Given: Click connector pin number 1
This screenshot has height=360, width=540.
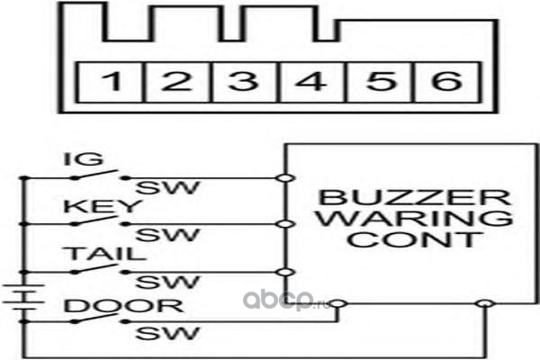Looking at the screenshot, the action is coord(112,81).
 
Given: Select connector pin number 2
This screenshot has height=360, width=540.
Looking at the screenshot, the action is coord(176,81).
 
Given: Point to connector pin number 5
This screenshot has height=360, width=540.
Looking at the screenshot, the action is coord(380,81).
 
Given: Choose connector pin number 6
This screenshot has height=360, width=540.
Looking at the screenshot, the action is coord(446,81).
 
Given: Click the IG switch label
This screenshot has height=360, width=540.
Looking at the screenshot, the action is coord(84,159).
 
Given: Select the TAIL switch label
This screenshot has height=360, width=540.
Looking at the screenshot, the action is coord(106,254).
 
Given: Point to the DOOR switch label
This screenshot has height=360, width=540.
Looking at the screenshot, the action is coord(124,306).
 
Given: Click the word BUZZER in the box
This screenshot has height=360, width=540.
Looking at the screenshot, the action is coord(415,197).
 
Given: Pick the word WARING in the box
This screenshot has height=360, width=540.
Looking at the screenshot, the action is coord(414,218).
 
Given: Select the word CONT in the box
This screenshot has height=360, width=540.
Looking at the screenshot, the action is coord(414,239).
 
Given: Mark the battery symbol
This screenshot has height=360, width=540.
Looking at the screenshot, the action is coord(23,297).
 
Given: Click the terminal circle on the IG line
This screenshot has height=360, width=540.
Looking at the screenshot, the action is coord(285,178).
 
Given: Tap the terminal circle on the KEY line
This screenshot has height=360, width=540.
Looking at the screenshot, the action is coord(285,224).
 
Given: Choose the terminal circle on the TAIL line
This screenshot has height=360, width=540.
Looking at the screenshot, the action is coord(285,272).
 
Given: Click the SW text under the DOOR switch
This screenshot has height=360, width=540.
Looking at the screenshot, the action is coord(167,333).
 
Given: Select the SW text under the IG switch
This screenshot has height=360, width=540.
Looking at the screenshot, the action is coord(167,187).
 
